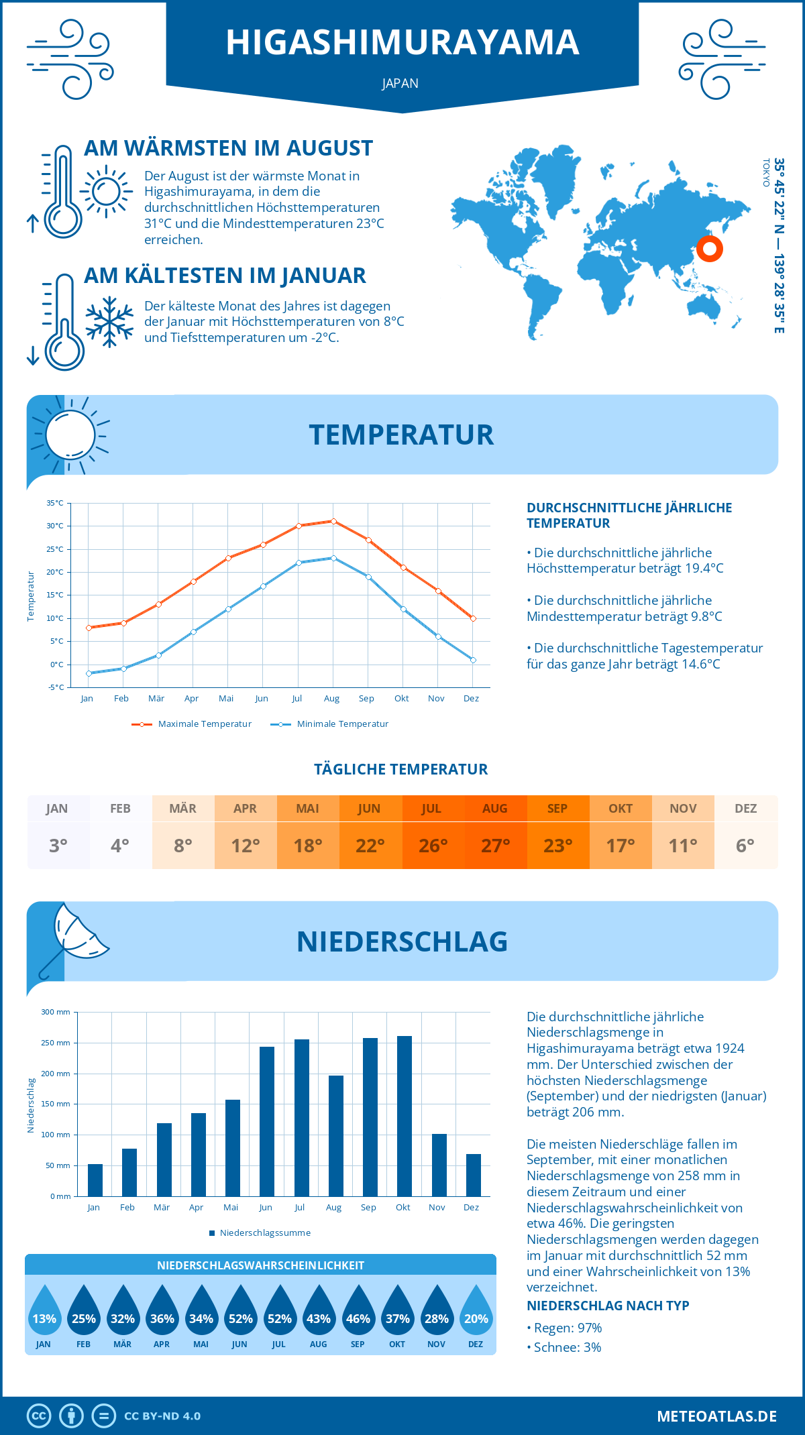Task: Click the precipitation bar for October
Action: pos(404,1116)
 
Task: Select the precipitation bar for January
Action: pos(95,1180)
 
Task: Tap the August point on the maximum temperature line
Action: pos(333,521)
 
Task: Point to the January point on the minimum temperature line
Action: pos(89,673)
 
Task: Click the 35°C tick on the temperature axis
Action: pos(55,503)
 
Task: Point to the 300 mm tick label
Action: pos(56,1012)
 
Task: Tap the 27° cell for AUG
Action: pos(495,845)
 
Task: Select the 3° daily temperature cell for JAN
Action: pos(58,845)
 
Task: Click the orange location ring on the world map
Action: pos(709,249)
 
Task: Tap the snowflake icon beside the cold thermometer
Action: pos(109,321)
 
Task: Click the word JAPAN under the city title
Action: pos(400,83)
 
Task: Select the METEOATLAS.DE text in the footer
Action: pos(716,1416)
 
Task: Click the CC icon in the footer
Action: pos(39,1416)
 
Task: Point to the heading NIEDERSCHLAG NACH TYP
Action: pos(608,1306)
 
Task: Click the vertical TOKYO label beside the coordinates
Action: pos(766,173)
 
